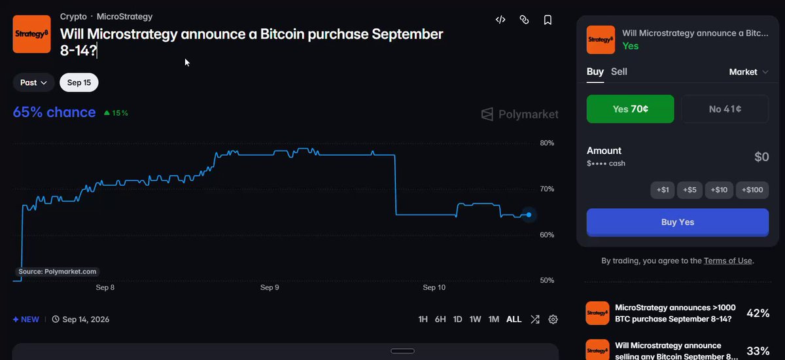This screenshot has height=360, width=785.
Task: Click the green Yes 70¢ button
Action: [630, 109]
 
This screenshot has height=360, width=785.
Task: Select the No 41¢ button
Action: [725, 109]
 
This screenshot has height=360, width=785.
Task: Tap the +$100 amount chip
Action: [752, 190]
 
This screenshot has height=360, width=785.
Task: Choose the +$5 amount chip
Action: [689, 190]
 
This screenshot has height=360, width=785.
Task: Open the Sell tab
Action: [619, 71]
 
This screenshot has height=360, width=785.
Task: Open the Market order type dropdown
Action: [748, 72]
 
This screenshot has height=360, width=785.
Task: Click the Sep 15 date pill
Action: [79, 82]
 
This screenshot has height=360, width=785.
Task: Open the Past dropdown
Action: [33, 82]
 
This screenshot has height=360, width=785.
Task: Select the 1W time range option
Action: [475, 319]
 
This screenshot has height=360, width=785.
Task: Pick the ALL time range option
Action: [514, 319]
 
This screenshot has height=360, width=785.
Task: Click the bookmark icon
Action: [548, 20]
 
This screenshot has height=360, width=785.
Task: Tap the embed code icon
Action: [500, 20]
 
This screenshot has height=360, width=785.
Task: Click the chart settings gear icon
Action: [553, 319]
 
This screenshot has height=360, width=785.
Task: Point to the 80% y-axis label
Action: [547, 143]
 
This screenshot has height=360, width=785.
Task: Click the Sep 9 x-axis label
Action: [270, 287]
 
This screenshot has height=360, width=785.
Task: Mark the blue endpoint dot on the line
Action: [529, 215]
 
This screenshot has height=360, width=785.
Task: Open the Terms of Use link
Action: [728, 261]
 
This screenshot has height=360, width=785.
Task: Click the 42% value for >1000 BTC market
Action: [758, 313]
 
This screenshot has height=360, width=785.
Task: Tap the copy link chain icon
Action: [524, 20]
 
